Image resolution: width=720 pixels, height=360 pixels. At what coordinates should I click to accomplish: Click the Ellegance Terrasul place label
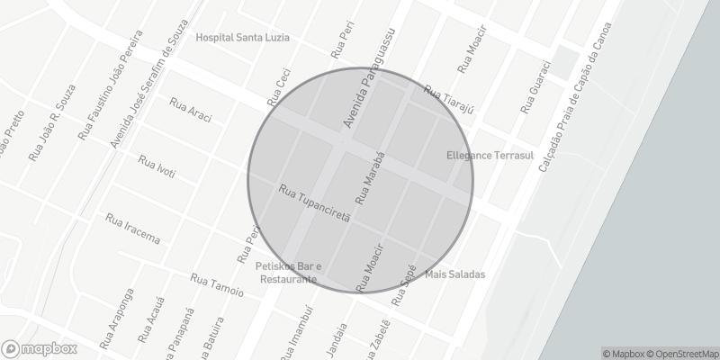490,156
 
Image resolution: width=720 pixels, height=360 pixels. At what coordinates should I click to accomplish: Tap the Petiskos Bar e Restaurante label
287,272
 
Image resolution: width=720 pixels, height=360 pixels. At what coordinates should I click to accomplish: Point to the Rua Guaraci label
528,88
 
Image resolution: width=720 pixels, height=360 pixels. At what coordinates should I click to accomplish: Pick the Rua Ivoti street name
157,166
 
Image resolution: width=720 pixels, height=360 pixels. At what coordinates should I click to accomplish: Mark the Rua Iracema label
132,229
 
